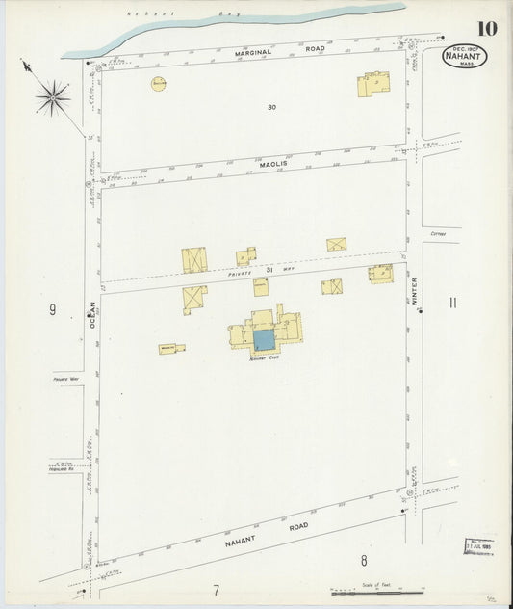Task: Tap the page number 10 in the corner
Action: coord(486,27)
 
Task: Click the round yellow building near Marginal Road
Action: coord(158,84)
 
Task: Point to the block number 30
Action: coord(272,107)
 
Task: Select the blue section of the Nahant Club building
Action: coord(263,339)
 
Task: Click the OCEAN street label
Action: coord(93,314)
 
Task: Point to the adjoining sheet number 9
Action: coord(53,310)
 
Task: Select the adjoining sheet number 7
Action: coord(217,590)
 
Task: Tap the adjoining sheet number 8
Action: coord(364,561)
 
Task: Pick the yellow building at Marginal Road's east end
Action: coord(373,85)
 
